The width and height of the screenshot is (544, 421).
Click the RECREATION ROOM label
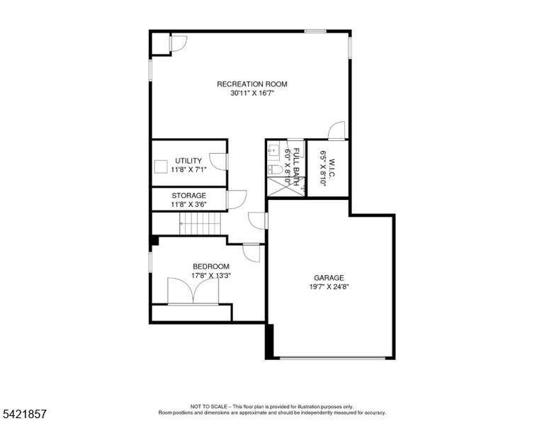click(252, 84)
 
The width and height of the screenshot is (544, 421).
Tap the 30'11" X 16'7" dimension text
click(252, 93)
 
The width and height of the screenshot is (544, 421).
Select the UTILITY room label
click(188, 161)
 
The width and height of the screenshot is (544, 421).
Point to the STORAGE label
click(188, 196)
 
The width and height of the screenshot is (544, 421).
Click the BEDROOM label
click(211, 266)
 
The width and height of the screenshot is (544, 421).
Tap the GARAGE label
click(329, 278)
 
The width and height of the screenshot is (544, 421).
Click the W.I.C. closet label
click(331, 169)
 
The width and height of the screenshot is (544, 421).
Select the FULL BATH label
click(296, 167)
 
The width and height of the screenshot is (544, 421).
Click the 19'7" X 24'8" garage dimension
click(329, 286)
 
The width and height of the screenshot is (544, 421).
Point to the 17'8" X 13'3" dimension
click(211, 276)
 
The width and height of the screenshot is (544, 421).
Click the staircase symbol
click(200, 224)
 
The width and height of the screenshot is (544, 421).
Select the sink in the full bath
click(273, 150)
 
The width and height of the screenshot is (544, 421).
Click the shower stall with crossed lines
click(286, 186)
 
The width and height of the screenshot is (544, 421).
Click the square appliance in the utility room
click(161, 167)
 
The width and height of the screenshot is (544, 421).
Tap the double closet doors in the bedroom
click(193, 291)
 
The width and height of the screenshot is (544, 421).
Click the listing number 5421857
click(24, 414)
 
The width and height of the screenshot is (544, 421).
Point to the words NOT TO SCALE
click(208, 406)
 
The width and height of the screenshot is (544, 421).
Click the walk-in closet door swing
click(337, 130)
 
